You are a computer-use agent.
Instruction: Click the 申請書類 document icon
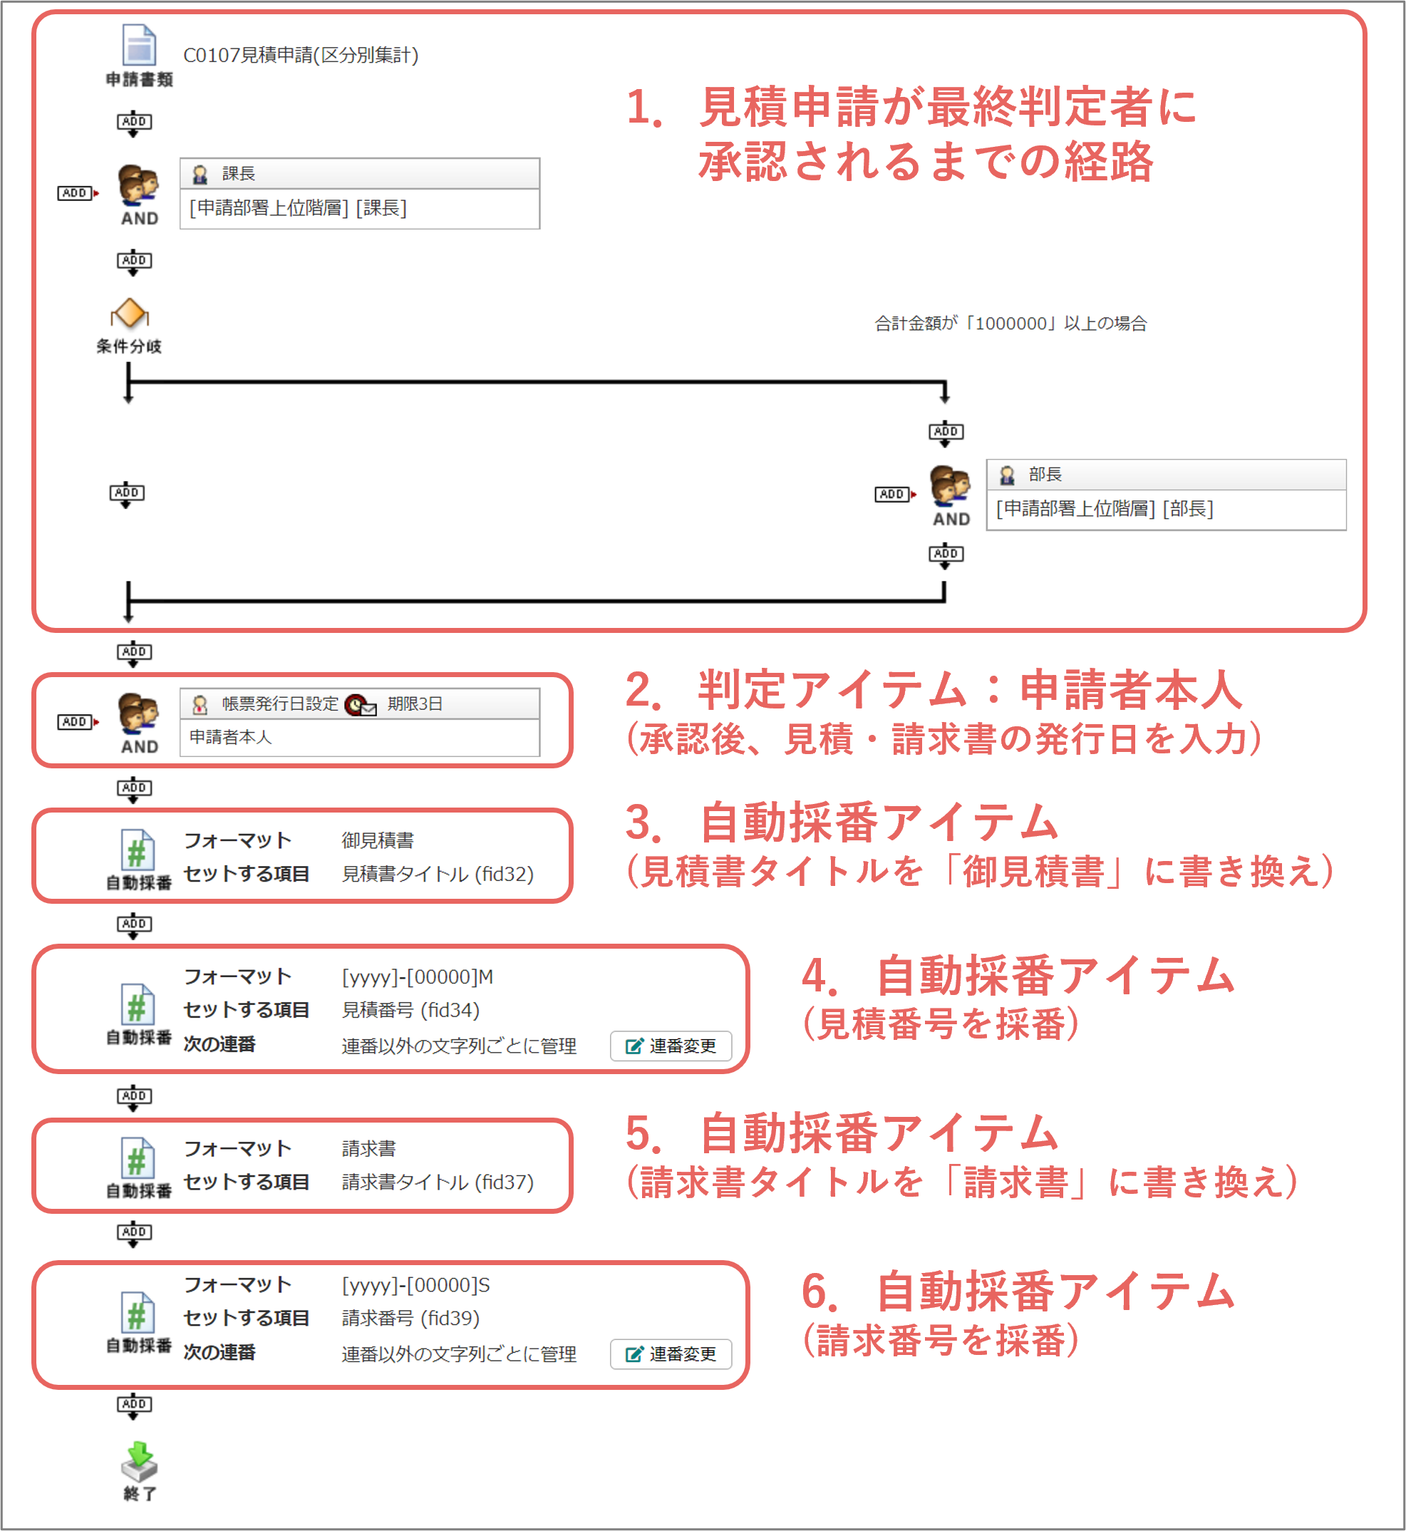click(x=139, y=45)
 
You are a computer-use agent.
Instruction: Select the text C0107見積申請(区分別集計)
click(x=301, y=56)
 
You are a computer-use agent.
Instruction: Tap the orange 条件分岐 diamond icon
click(x=130, y=313)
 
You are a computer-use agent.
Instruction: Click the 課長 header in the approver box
click(x=238, y=173)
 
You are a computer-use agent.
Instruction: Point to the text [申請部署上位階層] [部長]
click(x=1105, y=508)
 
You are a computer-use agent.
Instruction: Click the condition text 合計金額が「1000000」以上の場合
click(x=1010, y=324)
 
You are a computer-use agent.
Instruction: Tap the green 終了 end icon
click(x=139, y=1460)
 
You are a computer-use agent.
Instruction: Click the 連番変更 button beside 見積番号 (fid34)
click(x=671, y=1046)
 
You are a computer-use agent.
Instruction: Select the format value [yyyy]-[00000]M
click(x=417, y=976)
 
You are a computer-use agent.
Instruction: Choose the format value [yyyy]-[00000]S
click(x=415, y=1284)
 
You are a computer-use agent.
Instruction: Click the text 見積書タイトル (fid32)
click(x=438, y=874)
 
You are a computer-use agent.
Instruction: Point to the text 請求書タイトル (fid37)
click(x=438, y=1182)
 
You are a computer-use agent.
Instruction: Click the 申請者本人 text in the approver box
click(x=230, y=736)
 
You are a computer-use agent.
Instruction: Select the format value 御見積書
click(x=378, y=840)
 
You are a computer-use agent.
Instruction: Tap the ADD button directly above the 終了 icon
click(x=134, y=1406)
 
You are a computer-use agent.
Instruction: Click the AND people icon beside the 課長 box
click(x=138, y=185)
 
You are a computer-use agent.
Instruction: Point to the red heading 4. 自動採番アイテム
click(x=1018, y=976)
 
